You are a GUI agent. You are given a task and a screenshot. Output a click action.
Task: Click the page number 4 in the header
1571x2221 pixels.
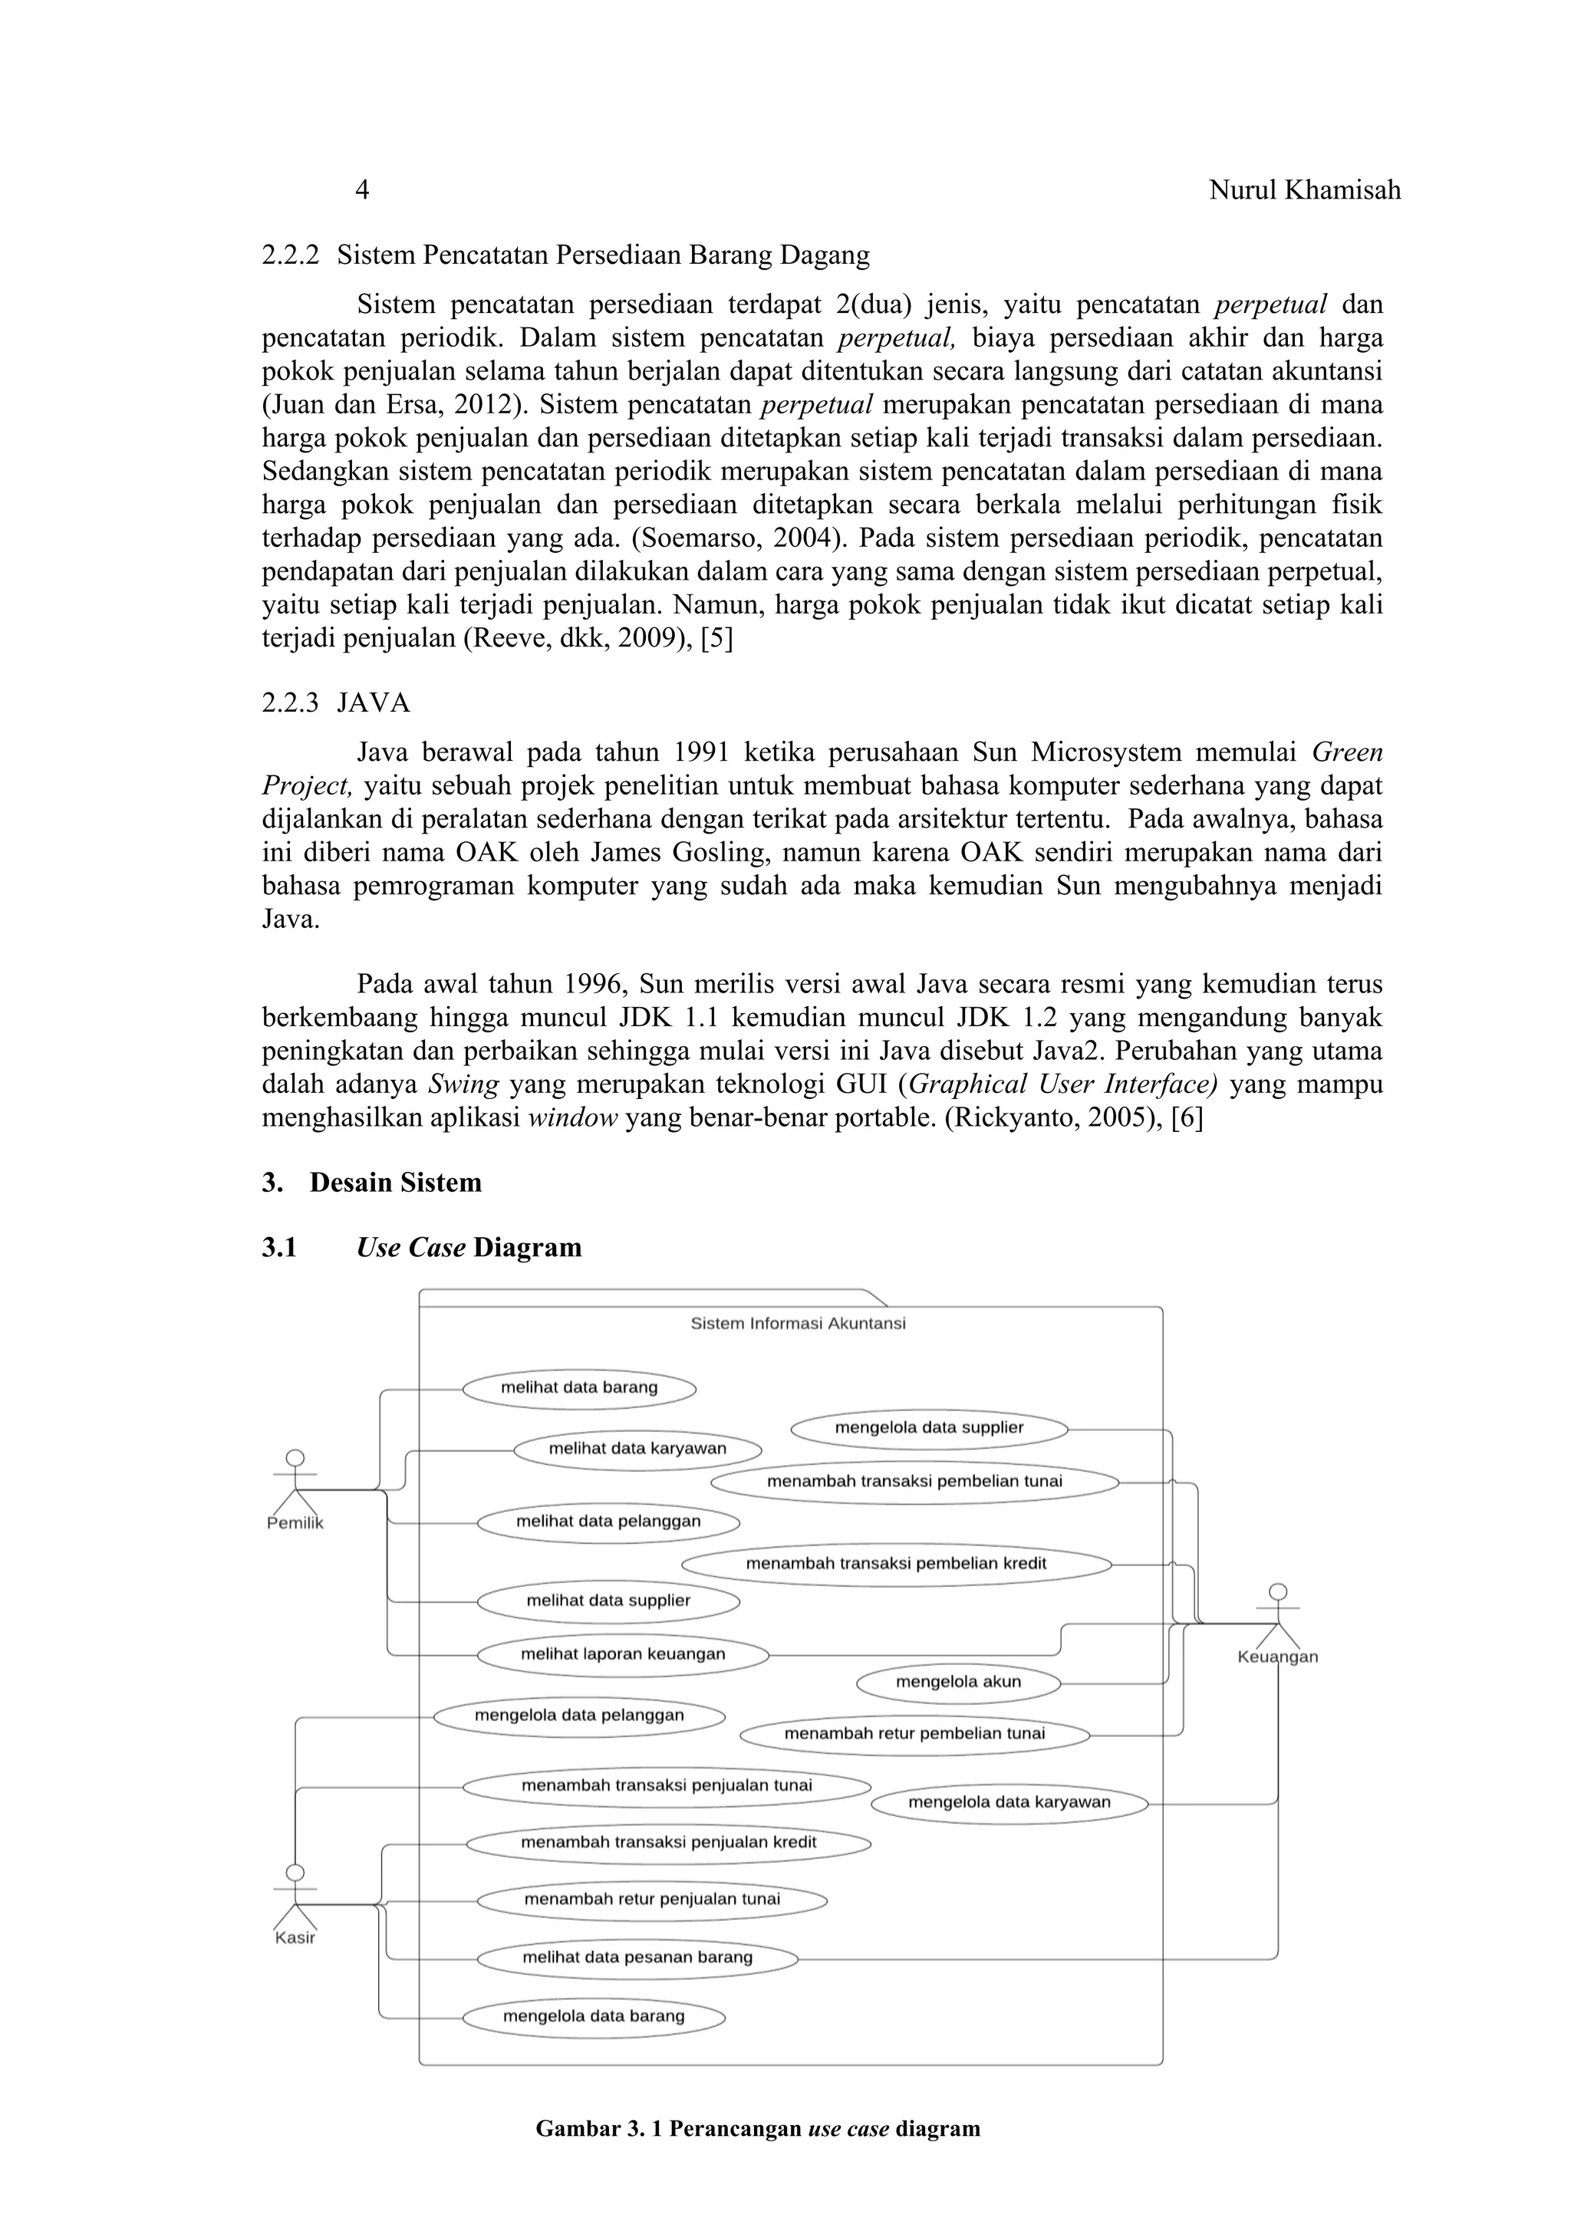pos(362,189)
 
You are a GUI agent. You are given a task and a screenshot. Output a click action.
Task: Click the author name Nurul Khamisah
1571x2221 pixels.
pos(1304,189)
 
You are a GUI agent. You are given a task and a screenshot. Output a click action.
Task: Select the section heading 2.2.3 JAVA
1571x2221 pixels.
pos(336,702)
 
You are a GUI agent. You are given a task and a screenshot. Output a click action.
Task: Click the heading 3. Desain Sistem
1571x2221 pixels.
pos(371,1183)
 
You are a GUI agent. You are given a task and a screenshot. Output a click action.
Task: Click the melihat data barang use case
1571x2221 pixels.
pos(578,1388)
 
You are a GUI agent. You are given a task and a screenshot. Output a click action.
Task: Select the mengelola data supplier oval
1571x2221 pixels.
pos(929,1428)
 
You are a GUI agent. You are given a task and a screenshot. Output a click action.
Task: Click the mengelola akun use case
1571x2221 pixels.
pos(957,1682)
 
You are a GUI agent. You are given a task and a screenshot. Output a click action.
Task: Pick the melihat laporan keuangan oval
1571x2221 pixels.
pos(623,1654)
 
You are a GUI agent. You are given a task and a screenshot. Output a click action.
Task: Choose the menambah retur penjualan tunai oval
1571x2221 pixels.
pos(652,1899)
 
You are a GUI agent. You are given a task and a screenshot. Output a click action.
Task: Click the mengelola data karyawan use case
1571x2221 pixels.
pos(1009,1802)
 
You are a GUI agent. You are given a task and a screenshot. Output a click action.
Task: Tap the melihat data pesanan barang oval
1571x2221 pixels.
pos(637,1958)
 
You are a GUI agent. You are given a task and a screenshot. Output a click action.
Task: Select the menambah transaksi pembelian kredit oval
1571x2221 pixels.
pos(896,1563)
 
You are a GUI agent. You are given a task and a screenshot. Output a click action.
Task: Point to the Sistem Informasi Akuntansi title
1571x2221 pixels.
pos(798,1323)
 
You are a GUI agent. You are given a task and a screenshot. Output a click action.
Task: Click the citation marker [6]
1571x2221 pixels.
pos(1186,1118)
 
